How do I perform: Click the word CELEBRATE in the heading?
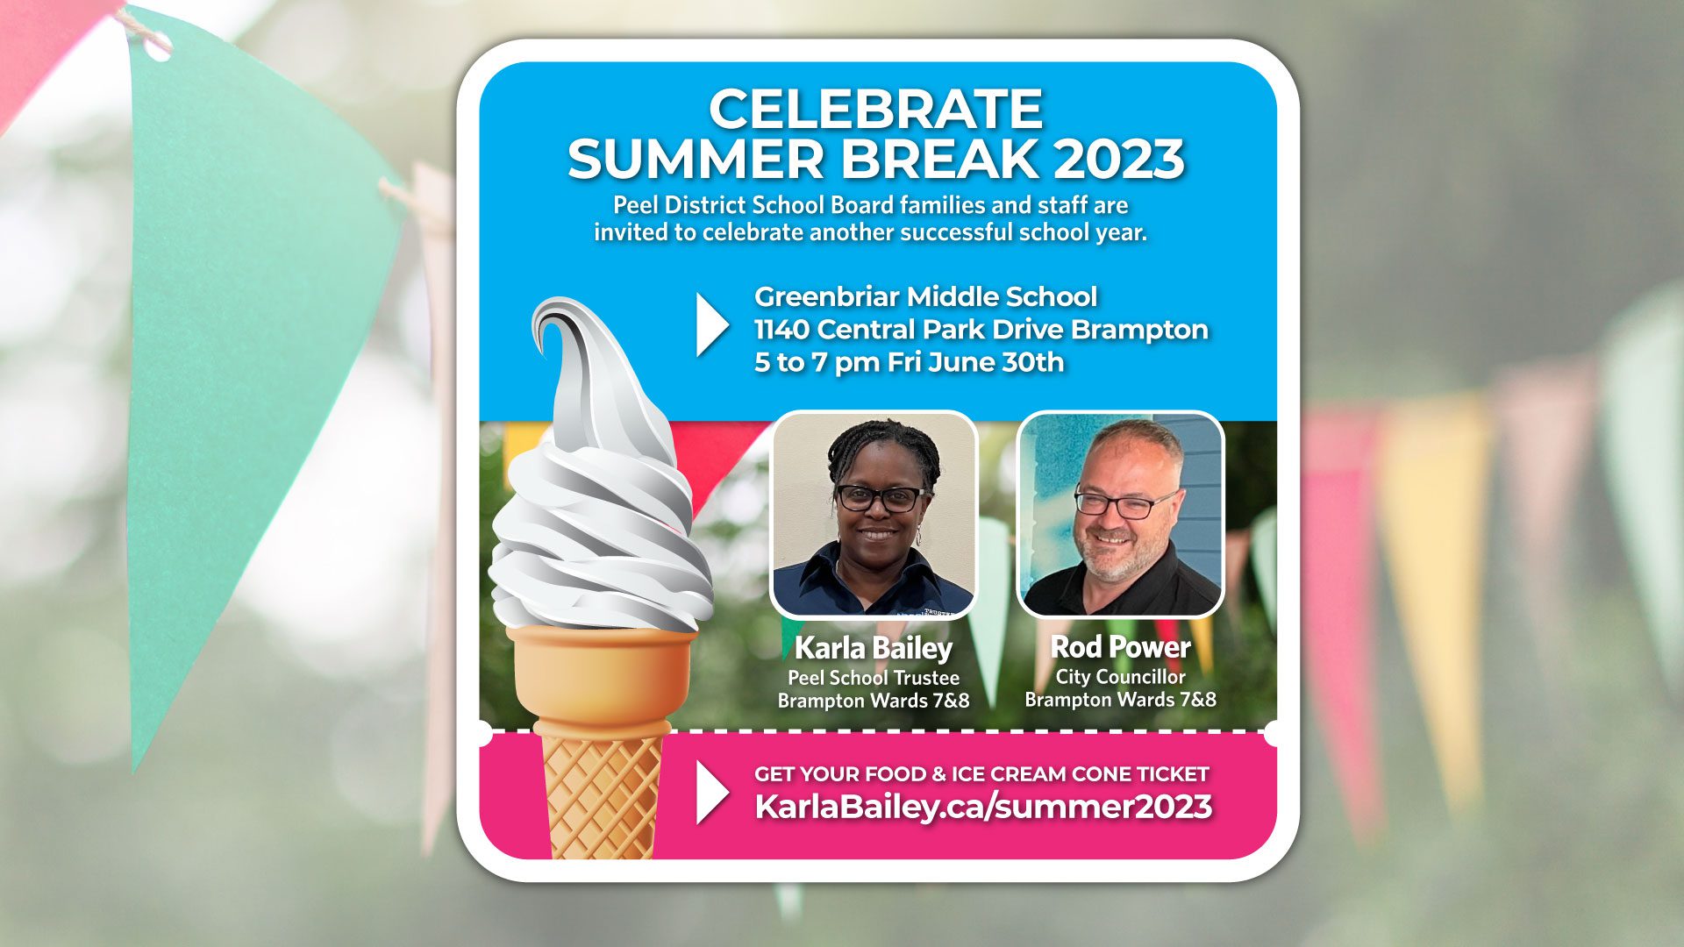point(875,110)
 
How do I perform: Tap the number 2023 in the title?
point(1119,160)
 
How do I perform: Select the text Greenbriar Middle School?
point(925,296)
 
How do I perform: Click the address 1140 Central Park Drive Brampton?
point(981,330)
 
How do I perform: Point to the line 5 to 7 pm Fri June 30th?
point(909,362)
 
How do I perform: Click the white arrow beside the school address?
point(710,324)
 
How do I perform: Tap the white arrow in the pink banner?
point(710,792)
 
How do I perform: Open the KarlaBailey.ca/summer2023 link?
point(983,807)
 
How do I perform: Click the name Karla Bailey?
point(873,648)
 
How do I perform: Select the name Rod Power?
point(1120,647)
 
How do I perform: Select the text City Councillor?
point(1120,677)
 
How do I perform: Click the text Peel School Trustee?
point(873,678)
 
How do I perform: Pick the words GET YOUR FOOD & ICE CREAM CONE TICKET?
point(981,774)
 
